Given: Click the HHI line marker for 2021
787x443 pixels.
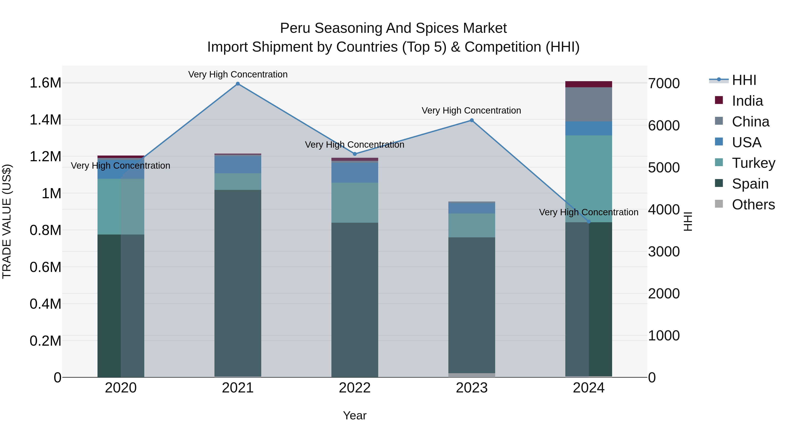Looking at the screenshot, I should (238, 84).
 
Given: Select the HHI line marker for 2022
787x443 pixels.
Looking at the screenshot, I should (355, 154).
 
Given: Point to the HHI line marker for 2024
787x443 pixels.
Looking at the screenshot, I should (589, 222).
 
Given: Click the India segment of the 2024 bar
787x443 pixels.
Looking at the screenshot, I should (589, 84).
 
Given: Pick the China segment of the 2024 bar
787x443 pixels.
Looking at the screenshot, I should (589, 104).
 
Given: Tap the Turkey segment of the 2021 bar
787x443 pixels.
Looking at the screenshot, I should (238, 182).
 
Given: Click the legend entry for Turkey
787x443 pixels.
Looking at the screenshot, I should (753, 163).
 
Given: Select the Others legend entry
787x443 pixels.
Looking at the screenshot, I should (753, 205).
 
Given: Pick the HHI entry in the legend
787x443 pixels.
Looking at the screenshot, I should (744, 80).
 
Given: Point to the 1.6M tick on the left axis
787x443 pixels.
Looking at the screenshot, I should (45, 83).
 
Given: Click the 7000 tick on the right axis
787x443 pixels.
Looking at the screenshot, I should (664, 84).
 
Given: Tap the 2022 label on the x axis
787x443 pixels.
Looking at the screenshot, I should (355, 388).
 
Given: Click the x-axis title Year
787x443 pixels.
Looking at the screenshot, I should (355, 415).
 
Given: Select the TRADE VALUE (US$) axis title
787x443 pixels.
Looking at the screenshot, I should (7, 221).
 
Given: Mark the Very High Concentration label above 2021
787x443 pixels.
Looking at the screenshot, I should (238, 74).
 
